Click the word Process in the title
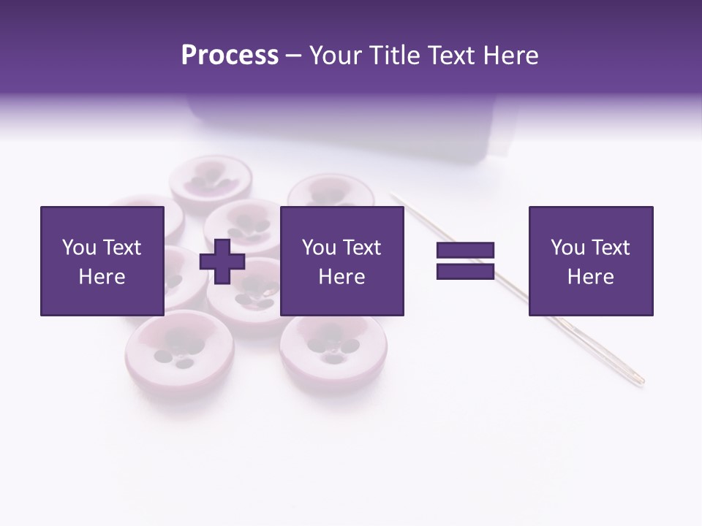(230, 56)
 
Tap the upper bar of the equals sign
(465, 251)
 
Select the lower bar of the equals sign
(465, 271)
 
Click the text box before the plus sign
(102, 261)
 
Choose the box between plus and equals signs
(341, 261)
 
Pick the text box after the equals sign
(590, 261)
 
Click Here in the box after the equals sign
(590, 277)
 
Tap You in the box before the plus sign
(79, 248)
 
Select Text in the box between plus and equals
(363, 248)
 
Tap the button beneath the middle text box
(333, 345)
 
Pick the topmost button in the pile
(211, 179)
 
